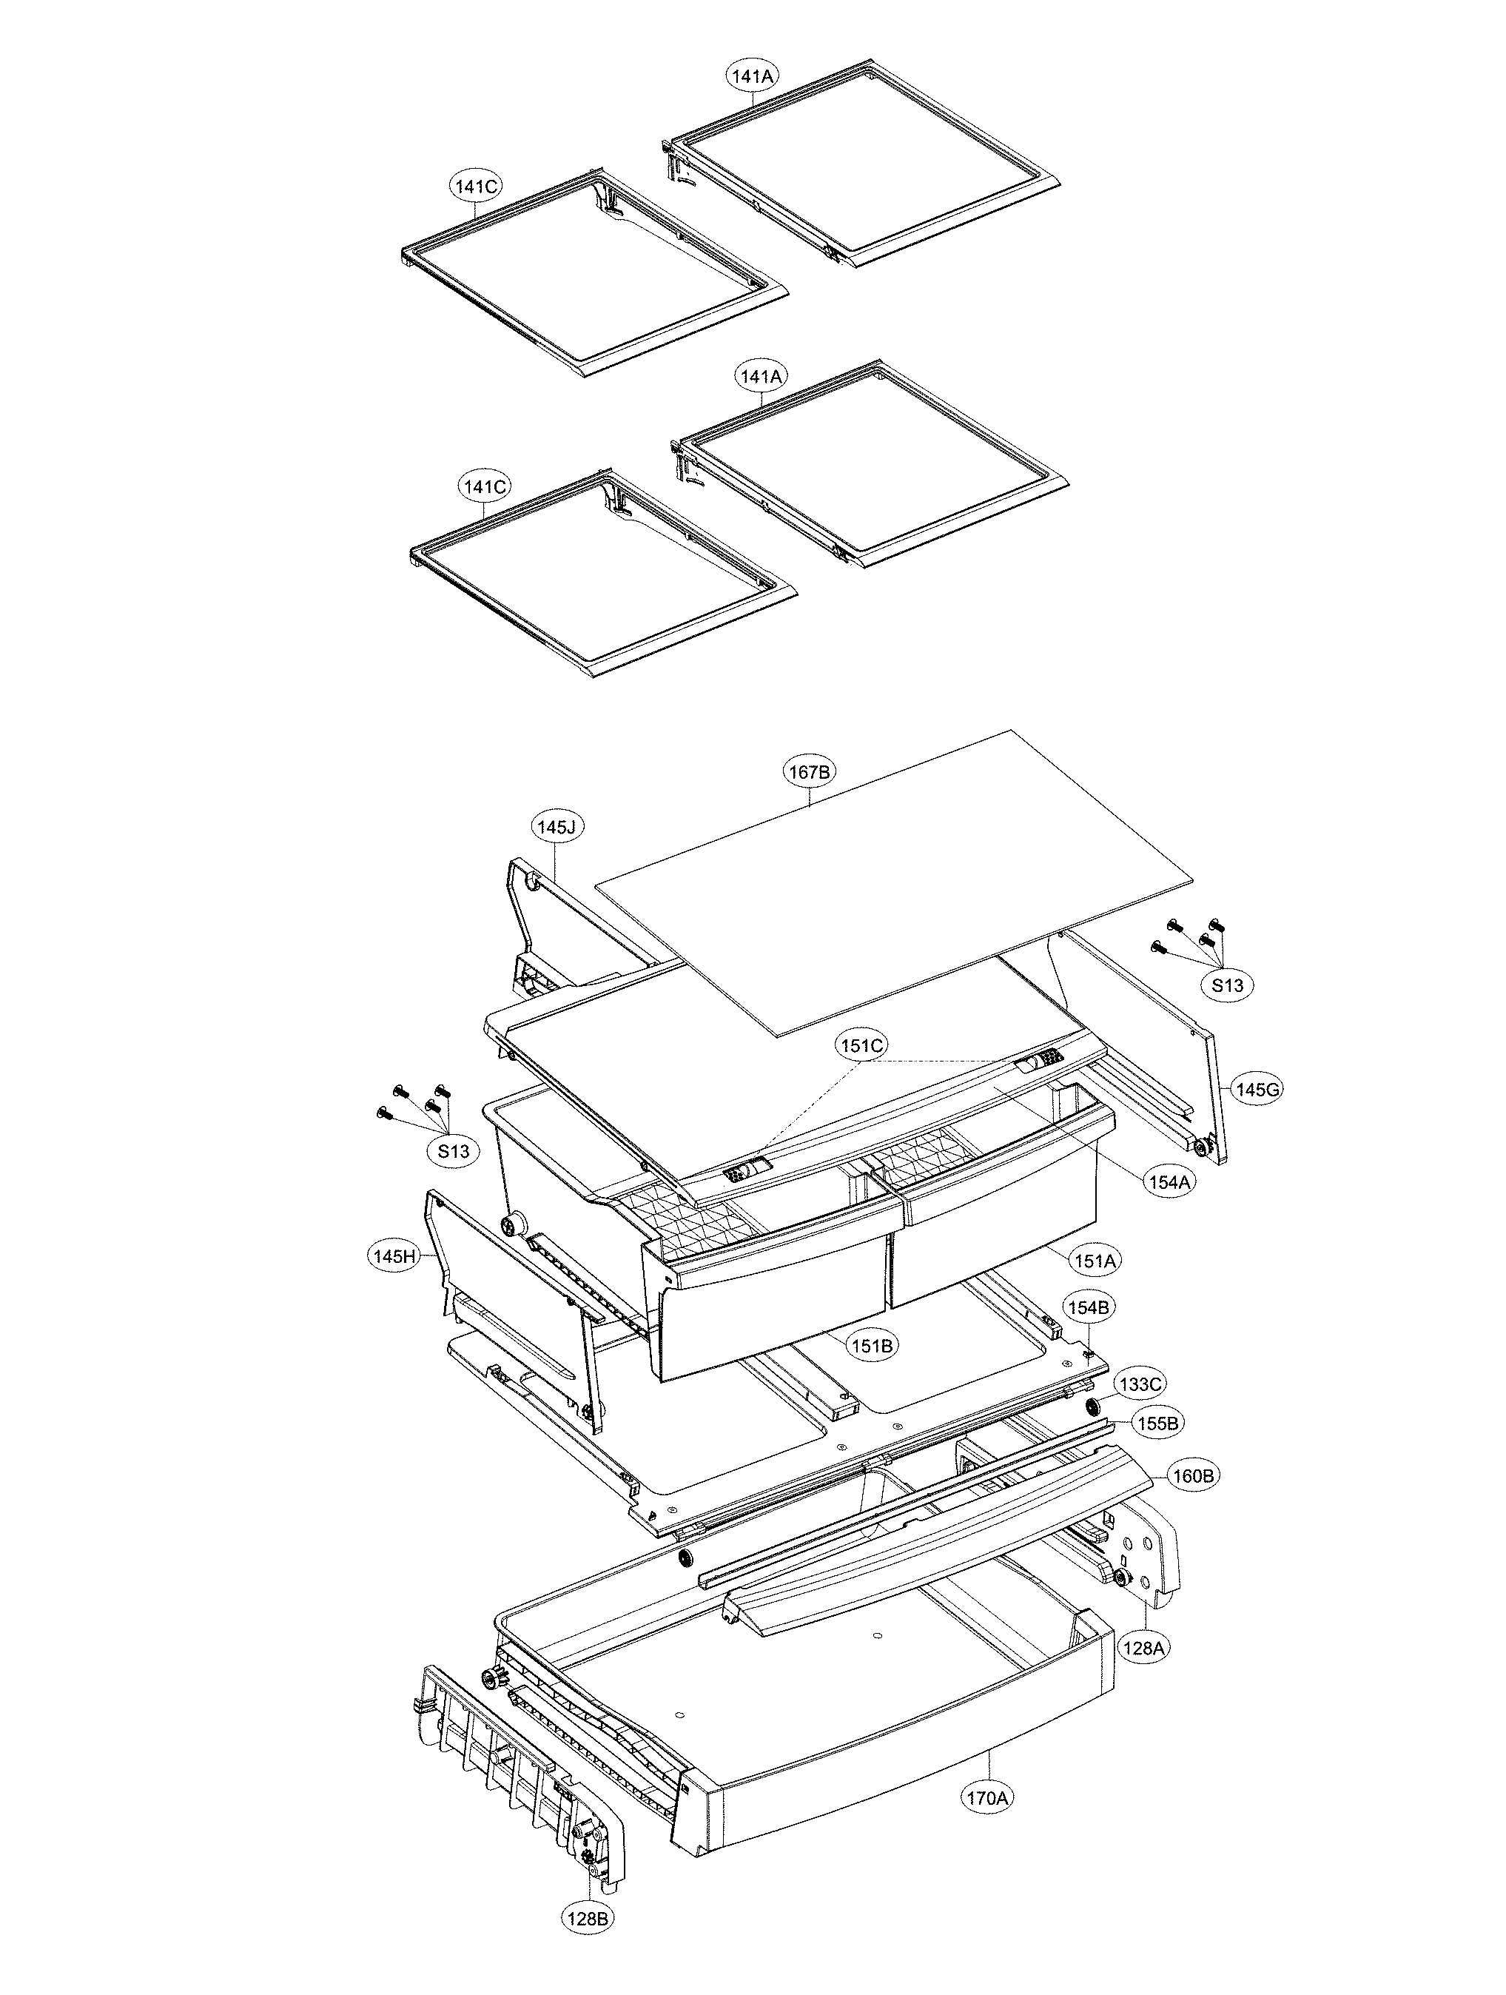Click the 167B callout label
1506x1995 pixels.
809,772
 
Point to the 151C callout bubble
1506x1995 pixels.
861,1045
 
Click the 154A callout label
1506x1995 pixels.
1169,1181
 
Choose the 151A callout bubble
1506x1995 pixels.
1095,1261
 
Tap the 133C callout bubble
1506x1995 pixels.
1140,1384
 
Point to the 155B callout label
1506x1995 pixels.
1159,1424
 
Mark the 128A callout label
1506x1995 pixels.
1144,1648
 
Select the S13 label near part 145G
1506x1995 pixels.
1227,986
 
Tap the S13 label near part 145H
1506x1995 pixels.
453,1152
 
